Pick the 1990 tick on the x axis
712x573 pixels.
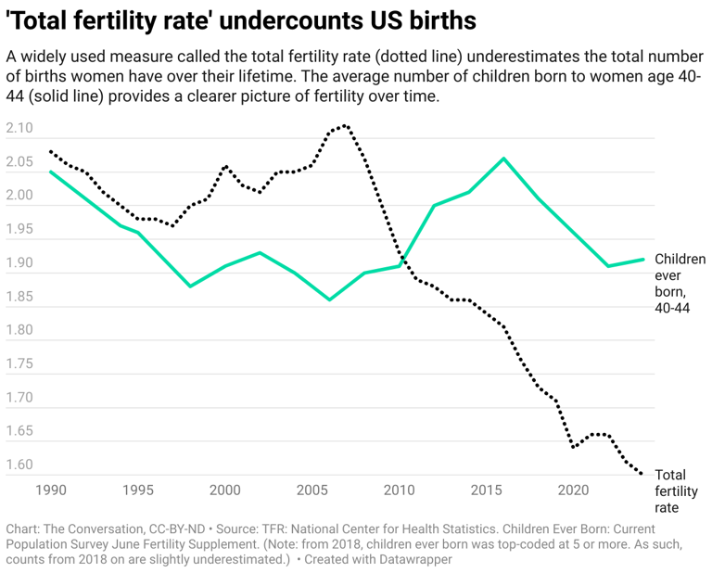tap(49, 489)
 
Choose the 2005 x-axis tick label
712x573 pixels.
tap(311, 489)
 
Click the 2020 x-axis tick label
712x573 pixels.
tap(574, 489)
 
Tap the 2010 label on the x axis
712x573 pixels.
tap(400, 489)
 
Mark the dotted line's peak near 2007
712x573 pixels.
tap(345, 125)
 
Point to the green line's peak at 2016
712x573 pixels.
tap(503, 159)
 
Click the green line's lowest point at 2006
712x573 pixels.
tap(329, 299)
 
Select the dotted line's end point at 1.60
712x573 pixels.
tap(641, 474)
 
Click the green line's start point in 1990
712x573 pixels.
tap(50, 172)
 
